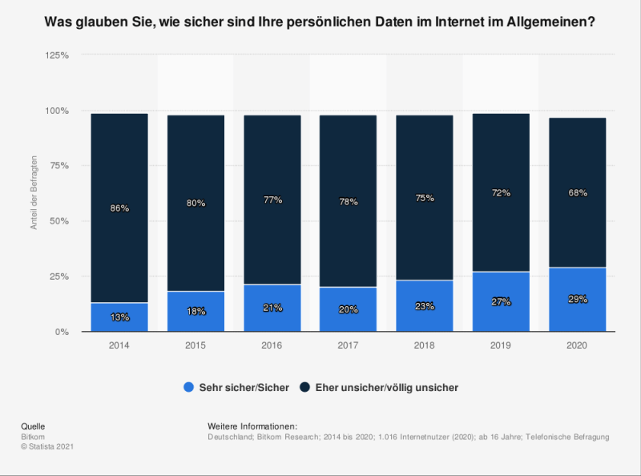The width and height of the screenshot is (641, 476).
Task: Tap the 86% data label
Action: (119, 208)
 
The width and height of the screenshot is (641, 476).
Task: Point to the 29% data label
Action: (578, 299)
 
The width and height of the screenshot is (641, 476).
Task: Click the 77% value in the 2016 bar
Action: (272, 200)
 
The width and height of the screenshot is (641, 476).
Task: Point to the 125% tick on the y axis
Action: (56, 55)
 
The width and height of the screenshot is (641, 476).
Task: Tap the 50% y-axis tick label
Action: (59, 221)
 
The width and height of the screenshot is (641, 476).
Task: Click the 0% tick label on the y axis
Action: (62, 332)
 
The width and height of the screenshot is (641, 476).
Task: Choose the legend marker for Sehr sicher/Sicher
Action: (189, 387)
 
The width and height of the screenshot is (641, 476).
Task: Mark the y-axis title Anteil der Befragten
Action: (34, 192)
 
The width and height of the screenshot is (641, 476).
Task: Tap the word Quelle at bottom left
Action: (32, 426)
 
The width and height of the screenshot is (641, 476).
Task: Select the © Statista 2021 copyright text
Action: (46, 446)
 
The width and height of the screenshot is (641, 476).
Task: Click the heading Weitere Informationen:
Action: (252, 426)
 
